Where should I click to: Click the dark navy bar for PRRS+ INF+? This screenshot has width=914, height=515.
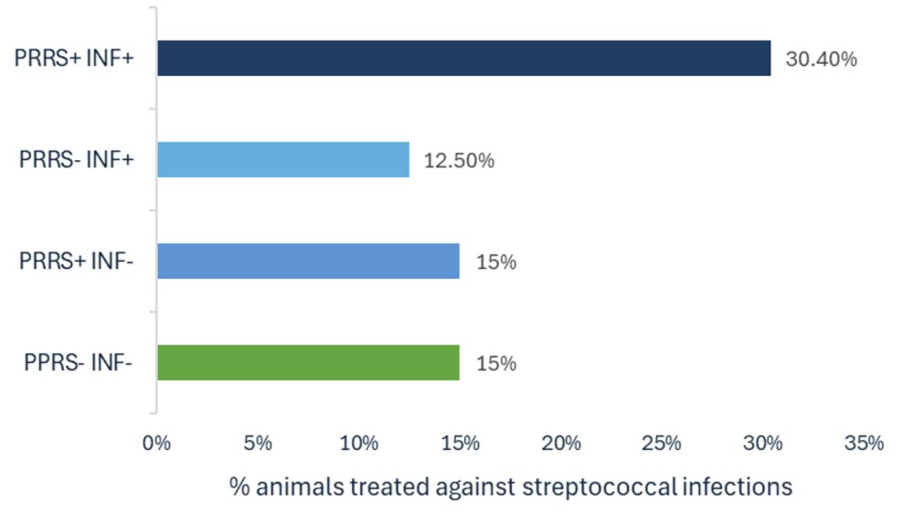[464, 59]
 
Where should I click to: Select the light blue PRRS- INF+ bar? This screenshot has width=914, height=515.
[283, 160]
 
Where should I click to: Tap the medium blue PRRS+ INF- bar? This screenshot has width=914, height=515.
[308, 262]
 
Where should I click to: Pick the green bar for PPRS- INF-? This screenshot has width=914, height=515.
[308, 363]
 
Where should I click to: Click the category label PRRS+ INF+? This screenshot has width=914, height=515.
[74, 59]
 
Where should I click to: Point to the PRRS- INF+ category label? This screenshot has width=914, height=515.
[77, 159]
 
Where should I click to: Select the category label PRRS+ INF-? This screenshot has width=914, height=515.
[77, 261]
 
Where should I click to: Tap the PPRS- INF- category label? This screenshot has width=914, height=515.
[78, 362]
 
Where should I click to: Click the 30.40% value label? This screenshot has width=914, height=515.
[822, 59]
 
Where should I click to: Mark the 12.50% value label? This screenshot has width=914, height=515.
[459, 160]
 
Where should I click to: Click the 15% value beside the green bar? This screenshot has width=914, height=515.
[496, 363]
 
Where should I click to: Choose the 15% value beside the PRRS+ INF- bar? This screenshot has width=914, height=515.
[496, 262]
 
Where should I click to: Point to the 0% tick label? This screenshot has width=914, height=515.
[156, 444]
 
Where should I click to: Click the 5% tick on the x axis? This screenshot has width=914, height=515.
[258, 444]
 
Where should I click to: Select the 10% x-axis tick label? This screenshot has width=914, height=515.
[359, 444]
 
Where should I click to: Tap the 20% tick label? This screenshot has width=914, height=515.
[561, 444]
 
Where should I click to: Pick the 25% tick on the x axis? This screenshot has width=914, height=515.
[662, 444]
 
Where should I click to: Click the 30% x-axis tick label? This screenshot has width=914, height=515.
[762, 444]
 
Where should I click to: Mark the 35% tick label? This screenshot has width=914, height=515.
[864, 444]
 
